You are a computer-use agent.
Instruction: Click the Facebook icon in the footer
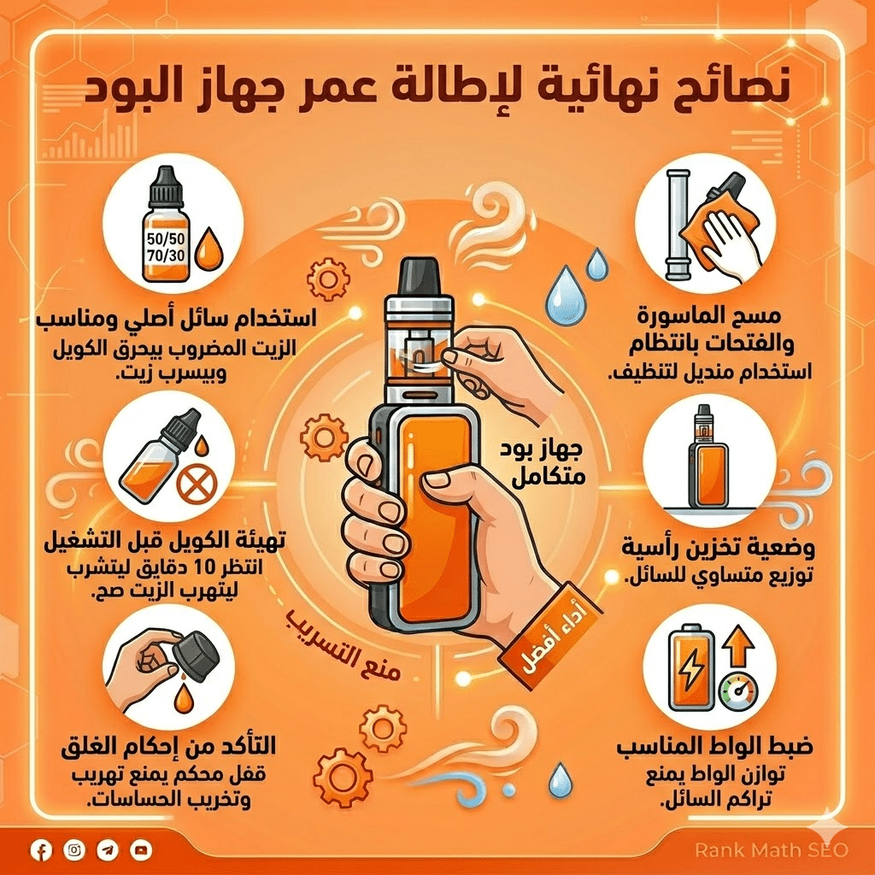click(x=41, y=849)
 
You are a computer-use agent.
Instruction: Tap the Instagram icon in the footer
click(x=74, y=849)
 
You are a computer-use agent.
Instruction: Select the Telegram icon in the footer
click(x=108, y=849)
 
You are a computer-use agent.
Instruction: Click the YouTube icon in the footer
click(x=141, y=849)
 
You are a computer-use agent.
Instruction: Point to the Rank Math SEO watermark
click(x=771, y=849)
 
